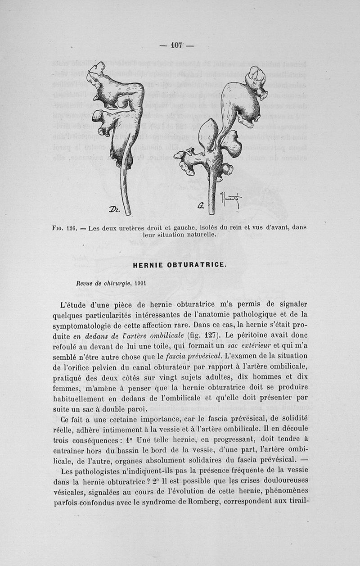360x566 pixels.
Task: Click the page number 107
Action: coord(176,45)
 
